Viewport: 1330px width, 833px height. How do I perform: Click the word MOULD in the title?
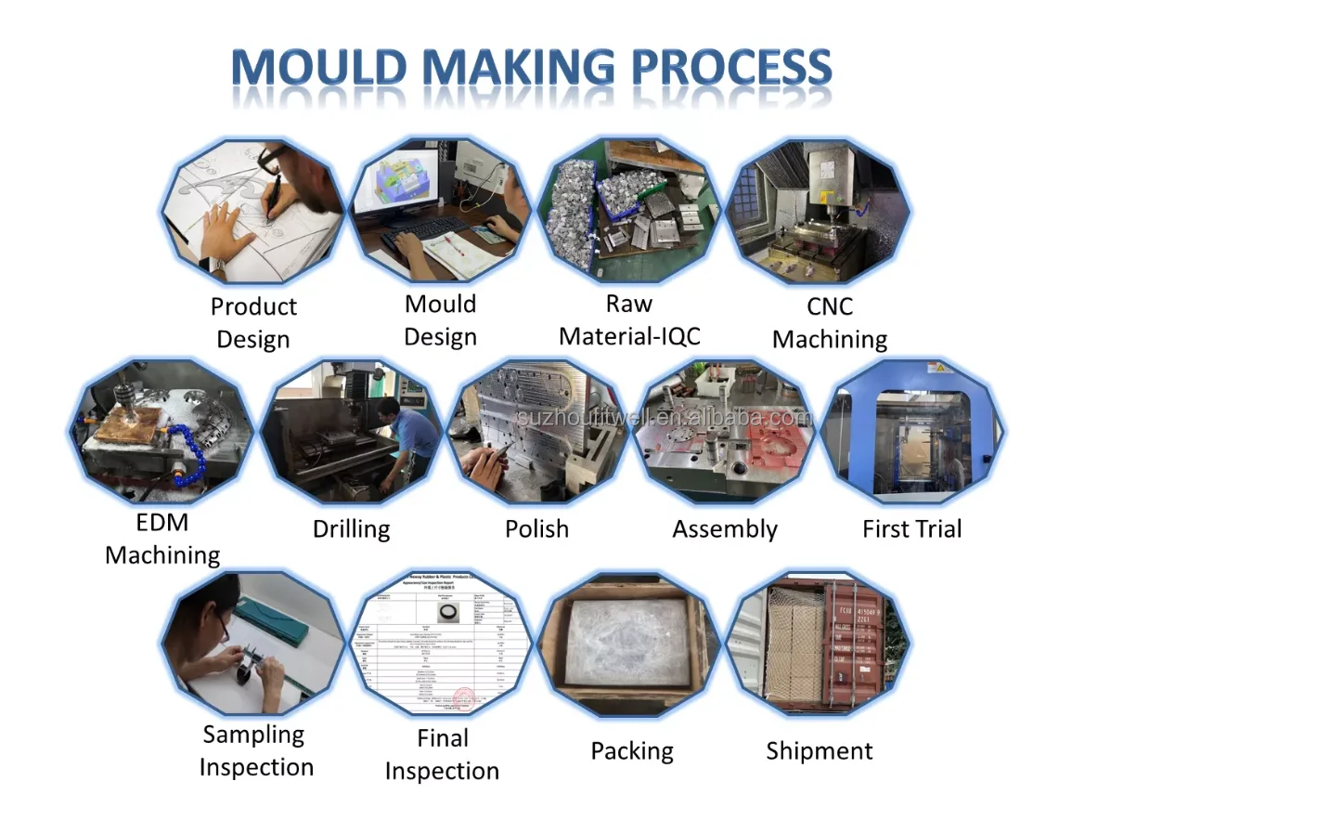[318, 68]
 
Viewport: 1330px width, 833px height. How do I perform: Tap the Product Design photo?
[252, 211]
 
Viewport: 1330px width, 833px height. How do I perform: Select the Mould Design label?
[440, 320]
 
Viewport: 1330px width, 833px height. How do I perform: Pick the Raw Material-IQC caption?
[629, 320]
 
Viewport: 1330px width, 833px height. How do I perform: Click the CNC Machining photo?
[818, 211]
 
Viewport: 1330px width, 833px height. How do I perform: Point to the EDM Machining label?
[162, 539]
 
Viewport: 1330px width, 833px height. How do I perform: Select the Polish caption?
[536, 529]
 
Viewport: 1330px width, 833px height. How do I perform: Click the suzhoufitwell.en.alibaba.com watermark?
[664, 417]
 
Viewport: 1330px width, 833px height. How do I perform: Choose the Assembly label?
[725, 529]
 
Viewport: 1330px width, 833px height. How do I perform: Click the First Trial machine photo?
[914, 432]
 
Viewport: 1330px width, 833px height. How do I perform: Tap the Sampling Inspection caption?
[255, 750]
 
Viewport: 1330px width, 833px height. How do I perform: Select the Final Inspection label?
[442, 754]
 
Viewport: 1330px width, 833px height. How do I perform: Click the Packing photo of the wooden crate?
[630, 644]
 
